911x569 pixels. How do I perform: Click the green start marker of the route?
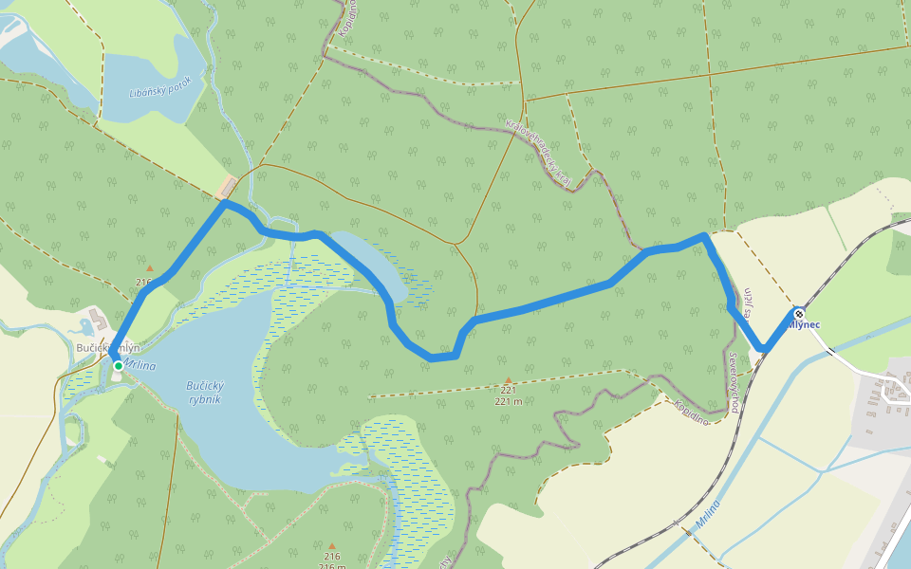click(x=118, y=365)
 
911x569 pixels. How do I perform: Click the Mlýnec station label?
click(x=804, y=325)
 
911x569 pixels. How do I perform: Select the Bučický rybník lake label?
click(x=204, y=394)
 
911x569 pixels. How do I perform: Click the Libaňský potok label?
click(x=160, y=88)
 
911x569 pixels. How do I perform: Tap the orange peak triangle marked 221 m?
click(x=508, y=380)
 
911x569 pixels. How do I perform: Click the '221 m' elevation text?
click(x=509, y=400)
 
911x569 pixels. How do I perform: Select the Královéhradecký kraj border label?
click(x=539, y=152)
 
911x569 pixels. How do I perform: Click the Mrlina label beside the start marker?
click(x=139, y=365)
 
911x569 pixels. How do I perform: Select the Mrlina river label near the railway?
click(x=708, y=513)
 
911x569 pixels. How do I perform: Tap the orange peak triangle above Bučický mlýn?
click(x=148, y=268)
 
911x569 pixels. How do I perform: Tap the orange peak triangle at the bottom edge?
click(x=332, y=546)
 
